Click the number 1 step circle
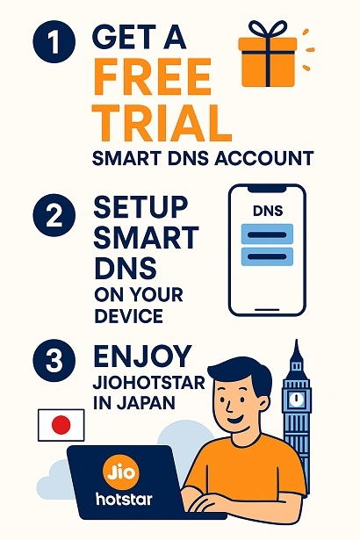(54, 41)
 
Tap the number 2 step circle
(54, 215)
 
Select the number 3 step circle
(54, 361)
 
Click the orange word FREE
(152, 76)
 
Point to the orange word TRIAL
(162, 123)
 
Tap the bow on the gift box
(268, 30)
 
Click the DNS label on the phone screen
(268, 211)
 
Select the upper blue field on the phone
(267, 234)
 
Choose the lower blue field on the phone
(267, 256)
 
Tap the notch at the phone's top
(267, 189)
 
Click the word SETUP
(140, 207)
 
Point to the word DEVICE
(128, 316)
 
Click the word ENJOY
(142, 356)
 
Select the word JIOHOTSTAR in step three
(148, 382)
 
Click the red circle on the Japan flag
(61, 425)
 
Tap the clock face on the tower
(296, 400)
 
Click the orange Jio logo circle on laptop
(121, 472)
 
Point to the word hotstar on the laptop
(124, 499)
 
